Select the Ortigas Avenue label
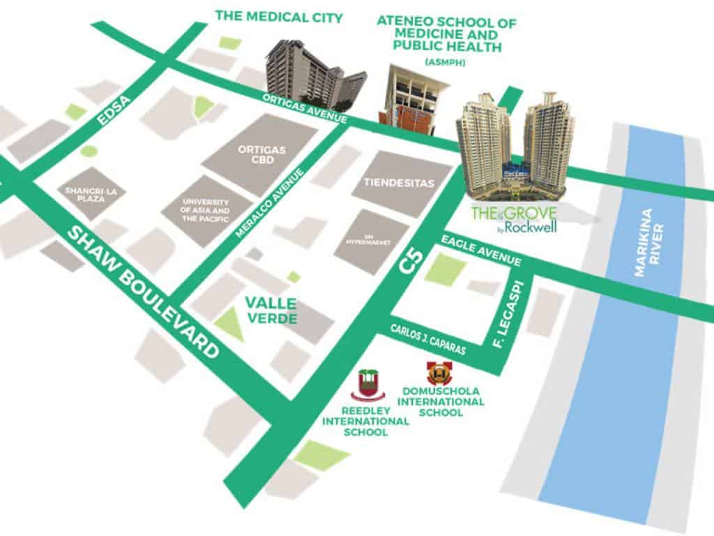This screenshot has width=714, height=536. (305, 107)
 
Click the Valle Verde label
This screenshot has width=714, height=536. (270, 311)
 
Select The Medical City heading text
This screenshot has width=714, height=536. (278, 16)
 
